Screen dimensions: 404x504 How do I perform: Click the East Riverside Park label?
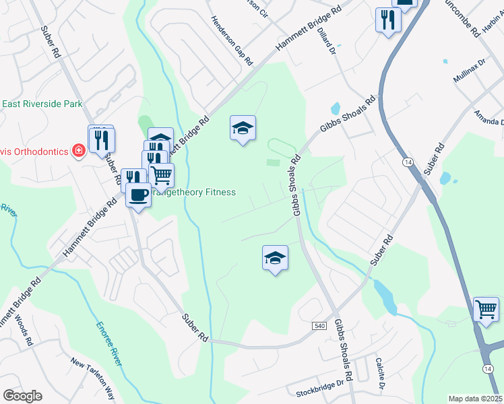[42, 104]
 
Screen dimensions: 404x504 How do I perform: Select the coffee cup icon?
[138, 195]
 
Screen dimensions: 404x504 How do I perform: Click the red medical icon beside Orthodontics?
[79, 150]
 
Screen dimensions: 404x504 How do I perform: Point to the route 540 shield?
[319, 326]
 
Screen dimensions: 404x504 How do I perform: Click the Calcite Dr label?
[381, 373]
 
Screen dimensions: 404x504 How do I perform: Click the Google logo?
[22, 396]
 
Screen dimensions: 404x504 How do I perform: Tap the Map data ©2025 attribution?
[476, 399]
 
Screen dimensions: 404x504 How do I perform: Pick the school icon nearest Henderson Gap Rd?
[243, 127]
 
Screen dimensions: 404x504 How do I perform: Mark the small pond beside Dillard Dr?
[336, 108]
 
